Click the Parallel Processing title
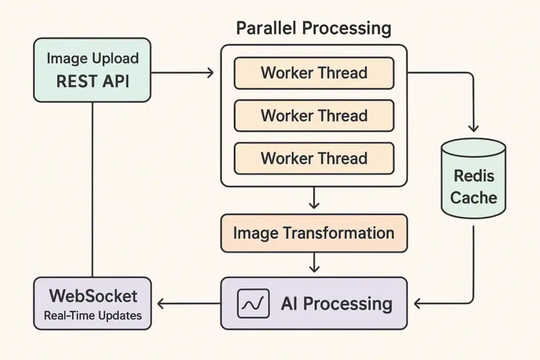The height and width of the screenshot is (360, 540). (x=314, y=28)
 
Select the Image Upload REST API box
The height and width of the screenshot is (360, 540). (x=92, y=70)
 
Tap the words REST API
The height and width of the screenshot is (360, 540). (x=92, y=81)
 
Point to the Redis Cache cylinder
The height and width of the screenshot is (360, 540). (x=474, y=179)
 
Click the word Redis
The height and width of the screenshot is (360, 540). (x=474, y=176)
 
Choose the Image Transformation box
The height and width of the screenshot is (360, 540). (x=314, y=233)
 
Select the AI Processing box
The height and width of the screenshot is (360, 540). (x=314, y=303)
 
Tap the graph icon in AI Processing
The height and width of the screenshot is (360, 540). (x=254, y=303)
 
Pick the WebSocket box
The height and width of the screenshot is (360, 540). (x=92, y=303)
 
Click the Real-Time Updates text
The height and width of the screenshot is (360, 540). (x=92, y=316)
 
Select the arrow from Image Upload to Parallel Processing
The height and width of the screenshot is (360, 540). (x=182, y=73)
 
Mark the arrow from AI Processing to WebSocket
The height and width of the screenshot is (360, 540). (x=188, y=303)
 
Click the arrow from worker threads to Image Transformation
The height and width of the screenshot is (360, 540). (x=314, y=198)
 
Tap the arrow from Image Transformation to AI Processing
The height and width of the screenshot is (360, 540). (x=314, y=263)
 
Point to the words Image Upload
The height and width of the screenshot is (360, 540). (x=92, y=59)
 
